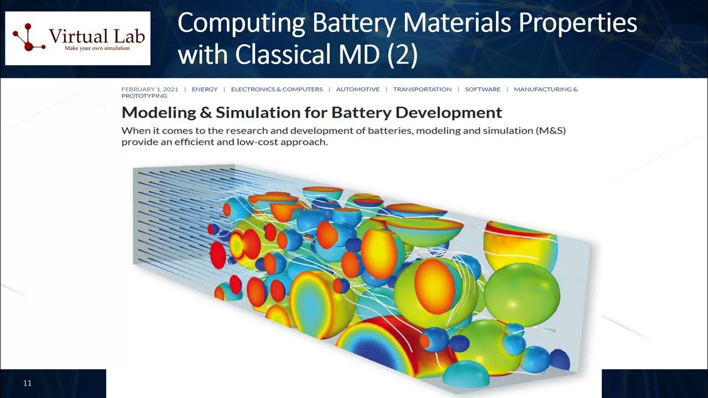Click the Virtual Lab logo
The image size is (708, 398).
point(78,38)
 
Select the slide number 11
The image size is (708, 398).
point(27,383)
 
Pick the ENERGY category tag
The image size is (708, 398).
point(205,89)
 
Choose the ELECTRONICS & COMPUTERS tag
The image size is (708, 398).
point(277,89)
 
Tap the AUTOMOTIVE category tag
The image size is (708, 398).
point(358,89)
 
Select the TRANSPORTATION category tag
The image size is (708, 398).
point(422,89)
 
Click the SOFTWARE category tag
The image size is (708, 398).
point(482,89)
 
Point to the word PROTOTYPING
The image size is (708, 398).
point(144,96)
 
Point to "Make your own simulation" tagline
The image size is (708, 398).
point(90,48)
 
